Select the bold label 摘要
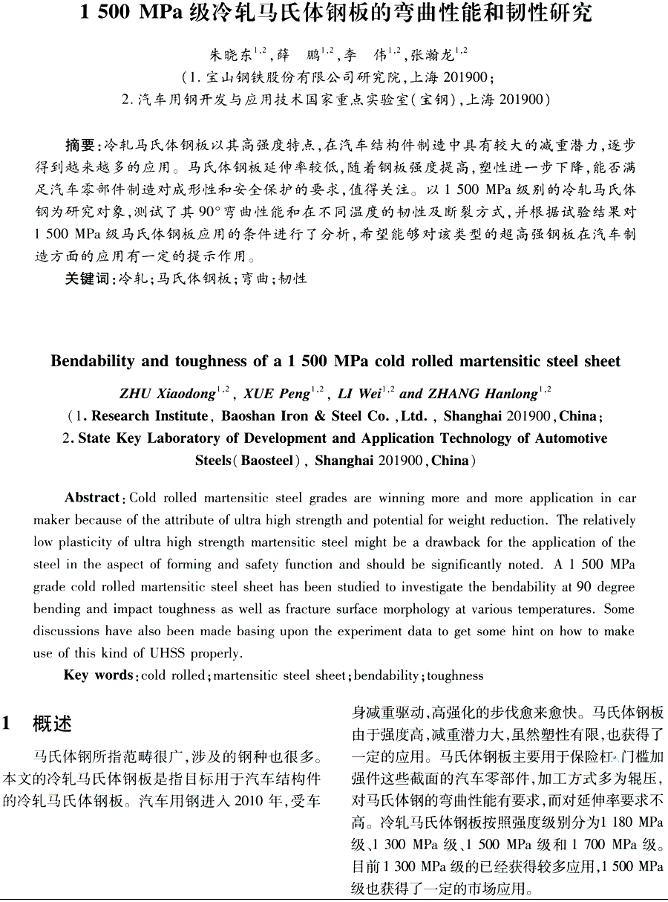pyautogui.click(x=80, y=144)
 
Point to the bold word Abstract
pyautogui.click(x=92, y=498)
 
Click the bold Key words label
pyautogui.click(x=97, y=675)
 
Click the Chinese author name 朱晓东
pyautogui.click(x=231, y=55)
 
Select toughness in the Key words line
pyautogui.click(x=455, y=675)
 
